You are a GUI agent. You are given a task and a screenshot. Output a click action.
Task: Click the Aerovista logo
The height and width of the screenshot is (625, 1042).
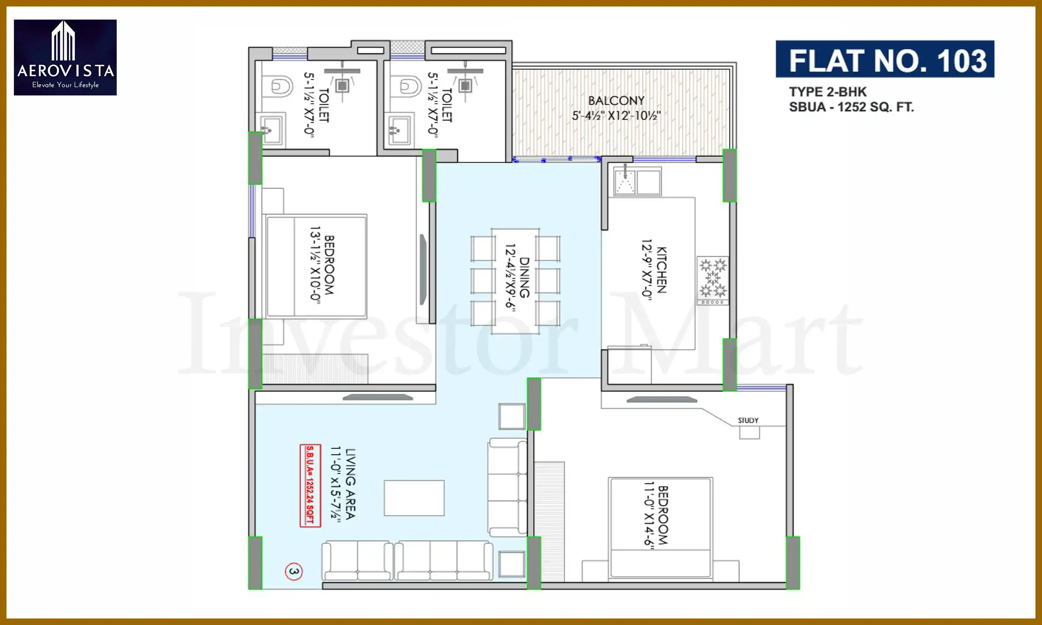click(x=65, y=57)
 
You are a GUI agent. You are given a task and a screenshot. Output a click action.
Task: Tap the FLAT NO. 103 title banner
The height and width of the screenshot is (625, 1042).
click(x=885, y=59)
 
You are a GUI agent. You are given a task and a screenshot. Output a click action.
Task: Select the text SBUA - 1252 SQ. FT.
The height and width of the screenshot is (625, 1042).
click(x=851, y=107)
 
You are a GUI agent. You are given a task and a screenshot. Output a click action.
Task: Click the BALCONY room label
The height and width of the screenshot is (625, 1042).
click(x=616, y=101)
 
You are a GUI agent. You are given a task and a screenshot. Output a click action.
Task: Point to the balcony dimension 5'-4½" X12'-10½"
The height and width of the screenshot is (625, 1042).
click(x=616, y=116)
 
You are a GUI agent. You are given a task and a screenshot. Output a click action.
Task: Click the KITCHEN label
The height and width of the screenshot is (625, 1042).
click(x=661, y=270)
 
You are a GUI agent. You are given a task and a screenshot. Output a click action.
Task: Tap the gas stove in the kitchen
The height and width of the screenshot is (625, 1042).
click(x=712, y=280)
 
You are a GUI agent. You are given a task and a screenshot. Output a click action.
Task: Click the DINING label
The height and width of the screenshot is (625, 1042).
click(x=524, y=277)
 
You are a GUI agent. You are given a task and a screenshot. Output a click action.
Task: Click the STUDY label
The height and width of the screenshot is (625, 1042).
click(x=748, y=420)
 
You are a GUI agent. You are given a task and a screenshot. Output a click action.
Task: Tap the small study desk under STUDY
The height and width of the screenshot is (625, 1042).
click(x=749, y=432)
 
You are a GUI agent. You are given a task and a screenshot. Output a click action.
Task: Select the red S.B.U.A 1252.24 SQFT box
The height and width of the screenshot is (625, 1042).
click(x=310, y=486)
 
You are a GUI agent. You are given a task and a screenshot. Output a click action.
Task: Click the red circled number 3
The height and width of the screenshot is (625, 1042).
click(x=294, y=571)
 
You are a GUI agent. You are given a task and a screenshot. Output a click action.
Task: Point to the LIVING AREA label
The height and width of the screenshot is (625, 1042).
click(x=350, y=484)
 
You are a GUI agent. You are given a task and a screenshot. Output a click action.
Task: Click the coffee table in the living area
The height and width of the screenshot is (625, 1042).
click(x=414, y=498)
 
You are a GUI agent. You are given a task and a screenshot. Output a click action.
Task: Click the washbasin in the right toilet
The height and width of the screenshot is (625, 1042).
click(x=399, y=130)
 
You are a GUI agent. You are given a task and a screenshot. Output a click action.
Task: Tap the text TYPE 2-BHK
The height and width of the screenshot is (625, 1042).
click(x=828, y=92)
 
